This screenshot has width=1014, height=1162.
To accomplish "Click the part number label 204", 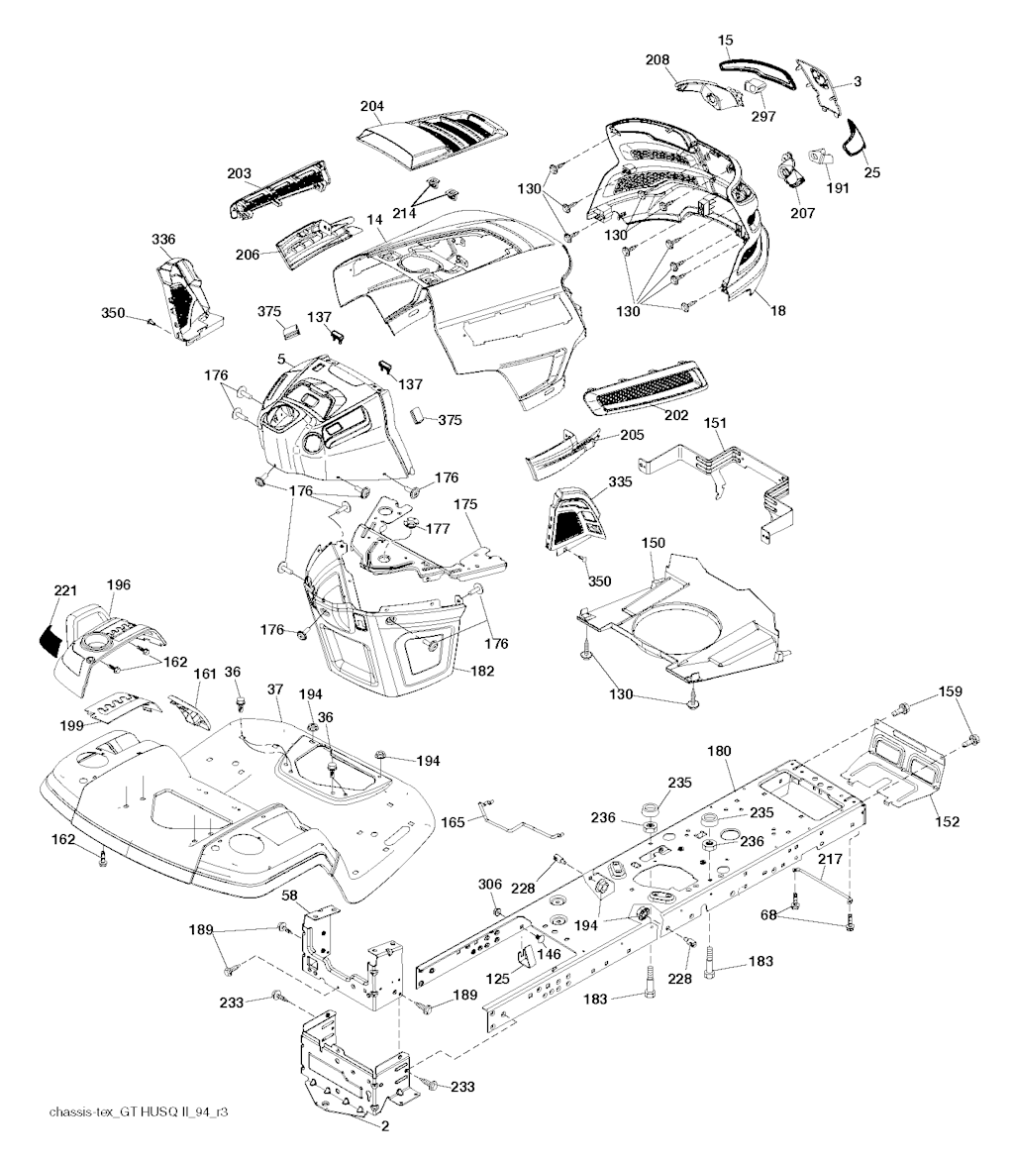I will point(372,106).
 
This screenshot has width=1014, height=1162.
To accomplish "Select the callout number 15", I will point(726,40).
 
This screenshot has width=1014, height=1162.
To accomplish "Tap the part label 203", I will point(239,173).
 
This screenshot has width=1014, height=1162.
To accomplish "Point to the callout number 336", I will point(163,239).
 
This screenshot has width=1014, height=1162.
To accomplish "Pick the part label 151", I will point(715,423).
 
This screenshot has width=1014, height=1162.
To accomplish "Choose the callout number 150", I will point(654,543).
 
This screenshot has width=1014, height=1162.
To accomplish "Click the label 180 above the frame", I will point(719,752).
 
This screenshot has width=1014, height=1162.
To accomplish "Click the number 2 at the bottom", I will point(384,1125).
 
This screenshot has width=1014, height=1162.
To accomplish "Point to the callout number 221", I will point(65,590).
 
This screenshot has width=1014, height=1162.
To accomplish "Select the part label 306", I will point(491,884).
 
